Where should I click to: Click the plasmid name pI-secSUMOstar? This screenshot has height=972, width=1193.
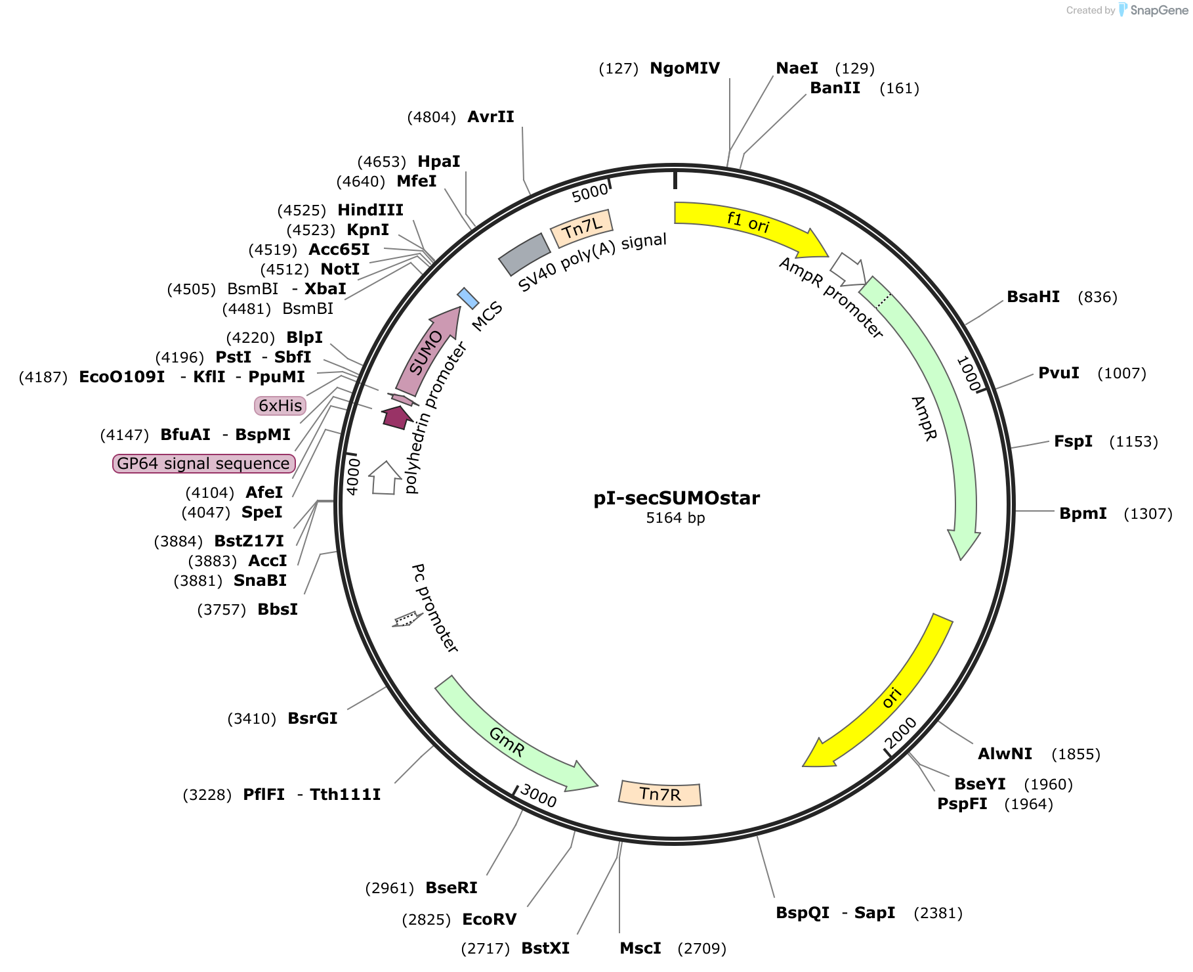pyautogui.click(x=676, y=498)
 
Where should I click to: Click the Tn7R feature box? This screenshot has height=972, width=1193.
pyautogui.click(x=660, y=794)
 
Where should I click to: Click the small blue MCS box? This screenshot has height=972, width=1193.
pyautogui.click(x=468, y=298)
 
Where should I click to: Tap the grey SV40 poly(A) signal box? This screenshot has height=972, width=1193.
pyautogui.click(x=524, y=254)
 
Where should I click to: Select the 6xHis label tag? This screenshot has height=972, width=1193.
pyautogui.click(x=280, y=406)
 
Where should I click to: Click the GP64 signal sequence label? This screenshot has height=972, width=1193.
pyautogui.click(x=203, y=464)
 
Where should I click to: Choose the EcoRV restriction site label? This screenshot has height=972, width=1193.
pyautogui.click(x=489, y=919)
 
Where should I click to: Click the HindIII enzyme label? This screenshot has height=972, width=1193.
pyautogui.click(x=370, y=210)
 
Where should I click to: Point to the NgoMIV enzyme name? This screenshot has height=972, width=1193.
pyautogui.click(x=684, y=68)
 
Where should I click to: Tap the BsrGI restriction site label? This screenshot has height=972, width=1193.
pyautogui.click(x=312, y=718)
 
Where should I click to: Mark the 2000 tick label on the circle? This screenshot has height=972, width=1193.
pyautogui.click(x=900, y=733)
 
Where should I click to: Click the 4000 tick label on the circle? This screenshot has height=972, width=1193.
pyautogui.click(x=353, y=476)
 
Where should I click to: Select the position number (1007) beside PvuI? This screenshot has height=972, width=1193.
pyautogui.click(x=1121, y=373)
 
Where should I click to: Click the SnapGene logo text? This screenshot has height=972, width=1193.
pyautogui.click(x=1159, y=10)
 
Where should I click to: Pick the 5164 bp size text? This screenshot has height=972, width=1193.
pyautogui.click(x=675, y=518)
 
